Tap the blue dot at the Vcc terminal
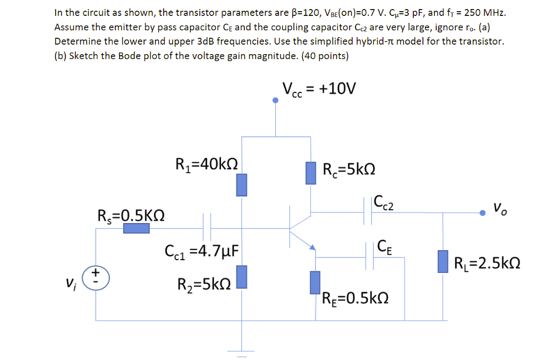[275, 100]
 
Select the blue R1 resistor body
[242, 184]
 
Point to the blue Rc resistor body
[311, 173]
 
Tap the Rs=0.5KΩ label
[131, 215]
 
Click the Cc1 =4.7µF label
[202, 250]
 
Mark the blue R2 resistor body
[242, 277]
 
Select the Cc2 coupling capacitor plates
[374, 213]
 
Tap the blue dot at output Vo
[482, 213]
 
